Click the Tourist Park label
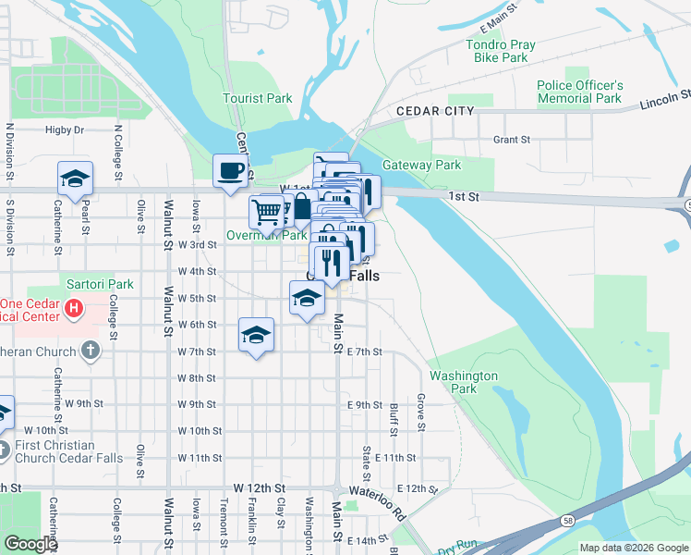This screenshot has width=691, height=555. click(258, 98)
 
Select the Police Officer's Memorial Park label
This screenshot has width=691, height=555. click(579, 92)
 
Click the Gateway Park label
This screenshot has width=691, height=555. click(421, 166)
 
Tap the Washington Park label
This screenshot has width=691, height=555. click(464, 383)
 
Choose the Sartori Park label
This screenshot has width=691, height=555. click(100, 284)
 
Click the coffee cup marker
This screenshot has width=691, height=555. click(231, 171)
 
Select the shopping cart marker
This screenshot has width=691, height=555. click(266, 212)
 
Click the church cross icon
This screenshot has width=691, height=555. click(89, 351)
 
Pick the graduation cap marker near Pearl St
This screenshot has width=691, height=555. click(75, 178)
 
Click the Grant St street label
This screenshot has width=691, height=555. click(512, 140)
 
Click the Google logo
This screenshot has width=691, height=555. click(30, 544)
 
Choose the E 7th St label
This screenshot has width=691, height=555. click(365, 351)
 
